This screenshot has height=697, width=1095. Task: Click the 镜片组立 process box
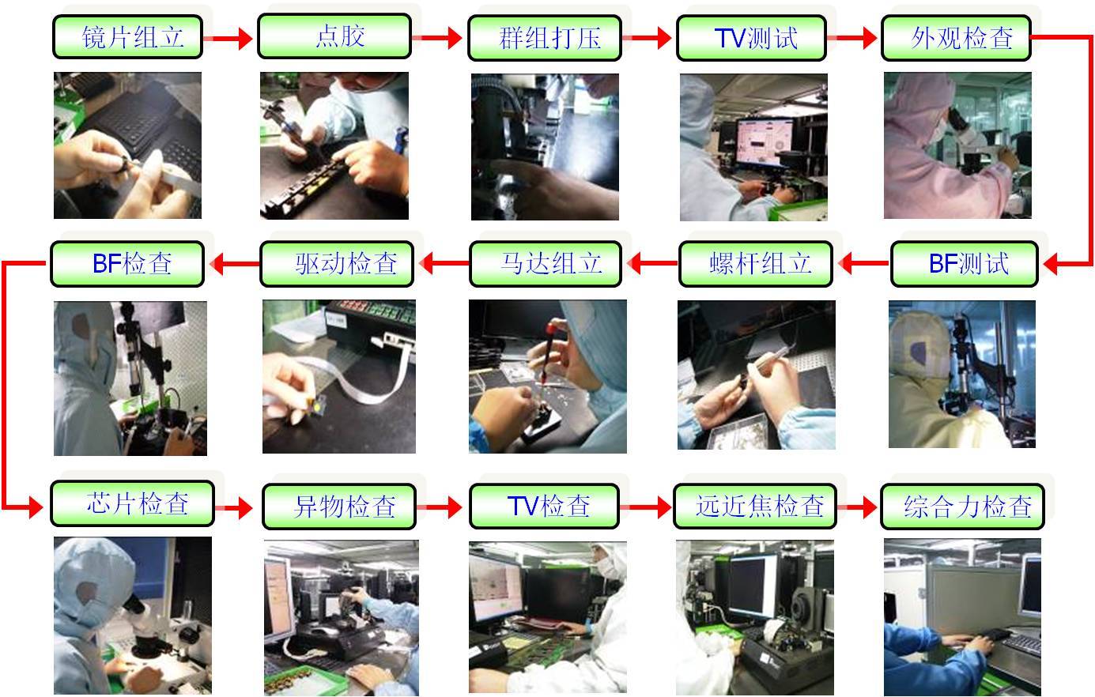click(127, 37)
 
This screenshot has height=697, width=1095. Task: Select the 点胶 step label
click(334, 36)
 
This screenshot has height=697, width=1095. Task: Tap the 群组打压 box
click(545, 38)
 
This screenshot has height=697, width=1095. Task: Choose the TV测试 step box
click(751, 38)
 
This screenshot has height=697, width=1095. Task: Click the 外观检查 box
click(956, 38)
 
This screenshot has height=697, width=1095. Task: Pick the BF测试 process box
click(965, 264)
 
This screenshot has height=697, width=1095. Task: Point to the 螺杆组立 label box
click(756, 264)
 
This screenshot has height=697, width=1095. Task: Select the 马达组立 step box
click(546, 264)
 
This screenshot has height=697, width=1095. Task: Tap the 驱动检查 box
click(338, 264)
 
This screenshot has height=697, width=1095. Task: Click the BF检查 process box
click(127, 264)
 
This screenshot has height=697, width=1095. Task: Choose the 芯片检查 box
click(133, 503)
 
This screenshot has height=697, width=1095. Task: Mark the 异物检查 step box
click(339, 507)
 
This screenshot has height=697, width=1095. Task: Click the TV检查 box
click(545, 507)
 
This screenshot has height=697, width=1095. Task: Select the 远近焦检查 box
click(755, 507)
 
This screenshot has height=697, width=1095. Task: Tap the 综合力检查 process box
click(962, 507)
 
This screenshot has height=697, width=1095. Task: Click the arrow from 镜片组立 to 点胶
click(228, 38)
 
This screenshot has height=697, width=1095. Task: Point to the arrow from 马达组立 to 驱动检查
click(444, 264)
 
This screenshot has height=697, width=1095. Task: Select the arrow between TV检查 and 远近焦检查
click(646, 507)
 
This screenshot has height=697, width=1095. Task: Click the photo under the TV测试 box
click(753, 147)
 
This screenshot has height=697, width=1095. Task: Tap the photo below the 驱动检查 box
click(339, 377)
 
